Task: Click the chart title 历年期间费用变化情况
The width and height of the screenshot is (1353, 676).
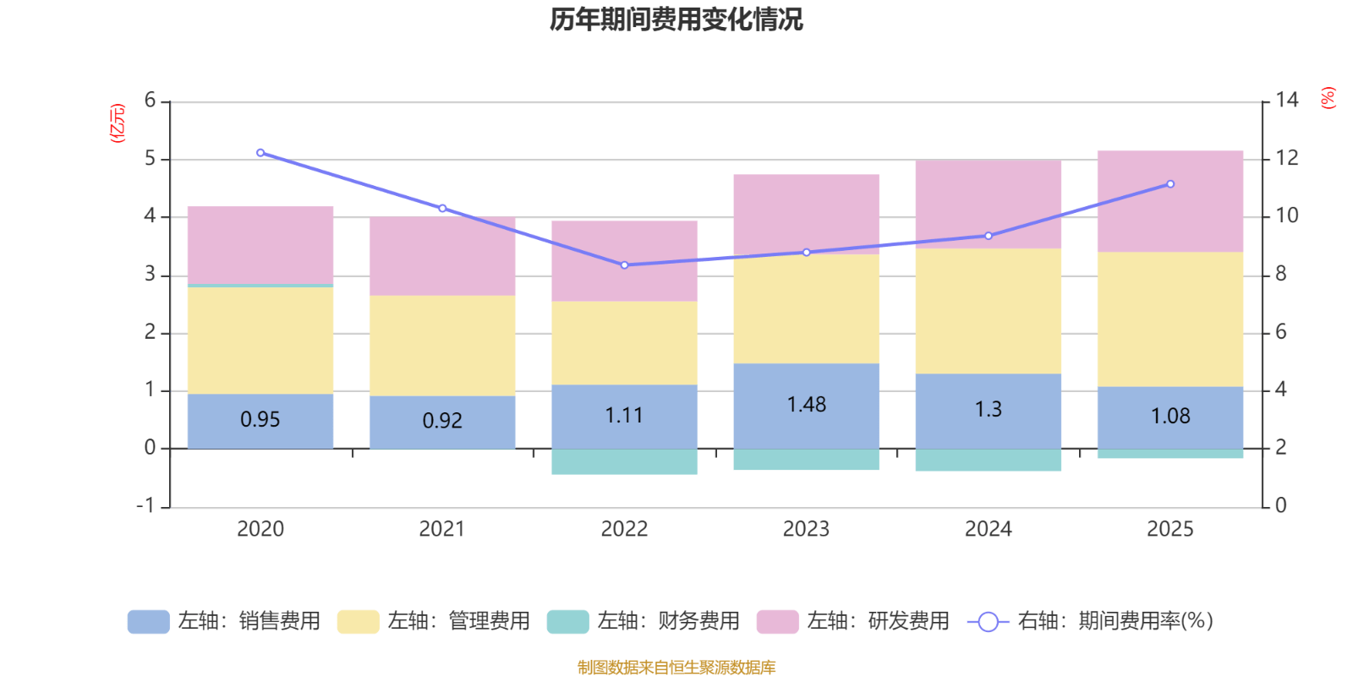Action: pos(676,19)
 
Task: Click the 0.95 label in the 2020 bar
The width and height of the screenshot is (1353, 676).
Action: pos(260,419)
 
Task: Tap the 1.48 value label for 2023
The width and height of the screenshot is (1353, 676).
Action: pos(806,405)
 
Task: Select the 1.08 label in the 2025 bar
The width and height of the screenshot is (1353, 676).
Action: pos(1170,416)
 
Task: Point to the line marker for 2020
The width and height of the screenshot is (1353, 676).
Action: pos(260,153)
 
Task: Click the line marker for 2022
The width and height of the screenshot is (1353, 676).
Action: pos(624,265)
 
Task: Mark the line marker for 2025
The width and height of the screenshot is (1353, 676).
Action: pos(1170,184)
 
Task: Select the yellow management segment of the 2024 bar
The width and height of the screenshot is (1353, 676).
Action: pos(988,311)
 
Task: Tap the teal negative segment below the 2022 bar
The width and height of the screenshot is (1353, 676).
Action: pos(624,462)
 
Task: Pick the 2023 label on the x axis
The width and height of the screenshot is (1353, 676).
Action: pos(806,529)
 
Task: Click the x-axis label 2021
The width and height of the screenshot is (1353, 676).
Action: pos(442,529)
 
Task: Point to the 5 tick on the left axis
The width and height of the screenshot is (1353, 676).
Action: pos(151,159)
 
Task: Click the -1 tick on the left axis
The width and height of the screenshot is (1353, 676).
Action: pos(146,505)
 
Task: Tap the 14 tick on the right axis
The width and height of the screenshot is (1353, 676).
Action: pos(1286,101)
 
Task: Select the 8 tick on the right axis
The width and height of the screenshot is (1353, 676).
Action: pos(1281,274)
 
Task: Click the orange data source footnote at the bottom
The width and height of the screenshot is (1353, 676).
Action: pos(676,668)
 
